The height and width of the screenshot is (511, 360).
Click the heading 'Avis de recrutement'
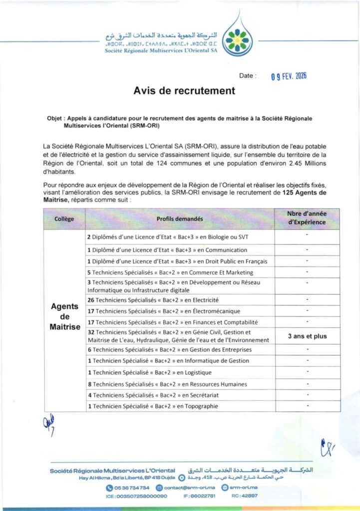[x=184, y=91]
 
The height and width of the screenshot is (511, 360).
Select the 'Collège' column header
[x=64, y=219]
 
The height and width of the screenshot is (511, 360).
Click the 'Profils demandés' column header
[x=180, y=219]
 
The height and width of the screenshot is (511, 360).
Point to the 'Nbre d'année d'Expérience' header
[x=307, y=218]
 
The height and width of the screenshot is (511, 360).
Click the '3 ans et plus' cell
[x=307, y=336]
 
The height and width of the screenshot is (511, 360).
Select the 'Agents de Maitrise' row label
[x=65, y=316]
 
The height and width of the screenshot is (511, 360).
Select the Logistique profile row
[x=149, y=372]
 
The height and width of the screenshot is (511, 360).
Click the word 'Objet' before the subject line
[x=54, y=119]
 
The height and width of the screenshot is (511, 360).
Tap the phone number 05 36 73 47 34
[x=131, y=488]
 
